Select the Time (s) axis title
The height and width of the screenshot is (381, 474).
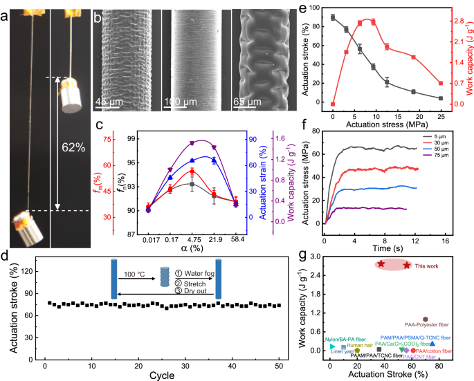coord(383,248)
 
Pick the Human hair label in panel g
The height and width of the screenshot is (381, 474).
coord(361,344)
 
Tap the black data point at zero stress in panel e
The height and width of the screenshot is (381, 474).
coord(333,17)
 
